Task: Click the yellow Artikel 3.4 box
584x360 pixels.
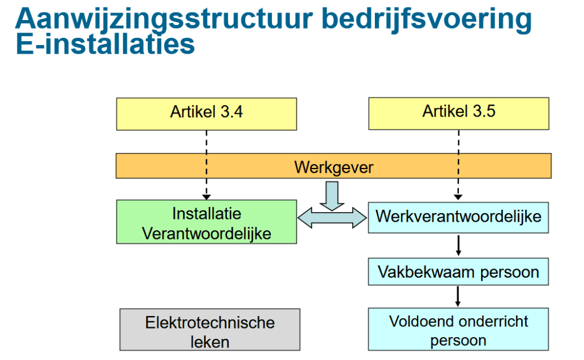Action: (x=206, y=114)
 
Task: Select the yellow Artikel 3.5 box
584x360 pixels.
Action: (x=458, y=114)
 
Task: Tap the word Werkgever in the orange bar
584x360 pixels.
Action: (x=334, y=167)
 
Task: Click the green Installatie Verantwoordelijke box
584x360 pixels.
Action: (x=206, y=222)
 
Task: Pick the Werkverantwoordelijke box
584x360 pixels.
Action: (x=458, y=217)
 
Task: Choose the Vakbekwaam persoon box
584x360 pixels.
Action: (x=458, y=272)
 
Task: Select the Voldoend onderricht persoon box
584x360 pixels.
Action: (x=458, y=329)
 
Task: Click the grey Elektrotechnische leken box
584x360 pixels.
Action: (x=210, y=330)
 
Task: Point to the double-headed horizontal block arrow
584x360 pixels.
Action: (x=332, y=218)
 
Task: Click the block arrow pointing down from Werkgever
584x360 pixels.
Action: (x=332, y=196)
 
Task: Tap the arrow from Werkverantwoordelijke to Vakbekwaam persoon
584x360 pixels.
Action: (x=458, y=245)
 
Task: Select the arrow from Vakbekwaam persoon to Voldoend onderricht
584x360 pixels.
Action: (x=458, y=297)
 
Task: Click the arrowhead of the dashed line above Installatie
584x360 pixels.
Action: (x=206, y=197)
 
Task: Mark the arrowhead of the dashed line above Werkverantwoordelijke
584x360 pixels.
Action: (x=458, y=197)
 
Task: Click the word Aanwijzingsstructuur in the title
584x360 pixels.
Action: (x=164, y=19)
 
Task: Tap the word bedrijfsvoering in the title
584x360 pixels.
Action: (x=427, y=19)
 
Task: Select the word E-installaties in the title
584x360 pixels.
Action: (x=105, y=44)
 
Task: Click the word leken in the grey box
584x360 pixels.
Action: (x=210, y=342)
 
